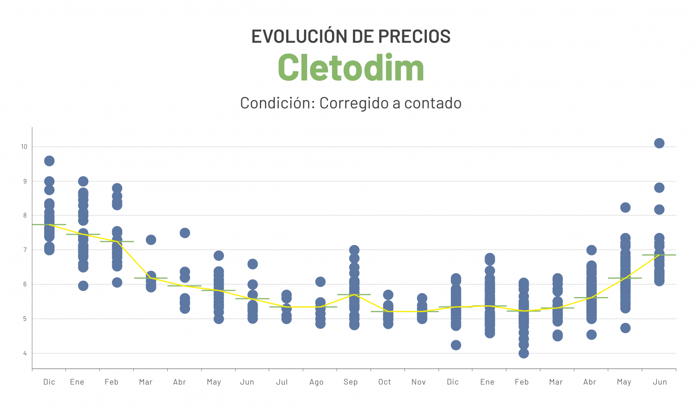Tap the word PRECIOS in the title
414,37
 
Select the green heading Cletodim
351,68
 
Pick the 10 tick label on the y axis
24,147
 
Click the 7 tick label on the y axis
25,250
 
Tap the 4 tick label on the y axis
25,353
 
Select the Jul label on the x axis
282,382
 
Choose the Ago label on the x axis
316,382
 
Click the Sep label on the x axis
350,382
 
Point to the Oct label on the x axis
384,382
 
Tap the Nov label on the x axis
419,382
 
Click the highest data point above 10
659,143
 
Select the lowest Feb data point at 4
523,353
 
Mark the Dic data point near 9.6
49,161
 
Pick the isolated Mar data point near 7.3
151,240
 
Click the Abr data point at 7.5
185,233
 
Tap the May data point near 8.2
625,207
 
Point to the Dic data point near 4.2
456,345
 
